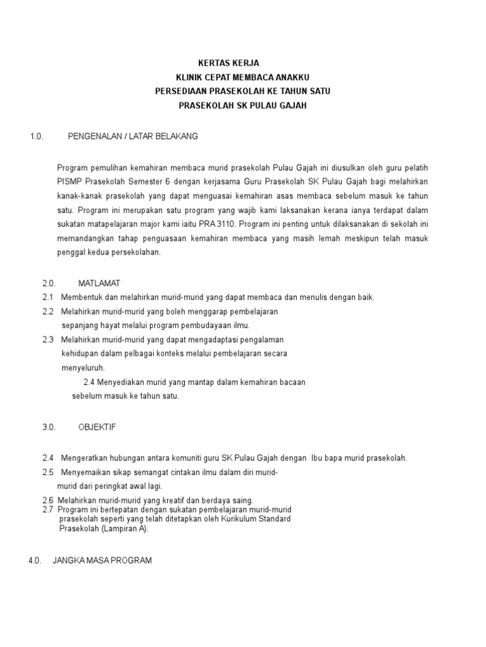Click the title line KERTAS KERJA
(x=228, y=63)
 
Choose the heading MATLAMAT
(x=99, y=282)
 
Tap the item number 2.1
(x=47, y=297)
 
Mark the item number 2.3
(x=47, y=340)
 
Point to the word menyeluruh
(x=83, y=368)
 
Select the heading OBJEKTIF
(x=97, y=427)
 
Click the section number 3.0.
(x=49, y=427)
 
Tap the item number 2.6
(x=47, y=500)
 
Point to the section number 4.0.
(x=34, y=560)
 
